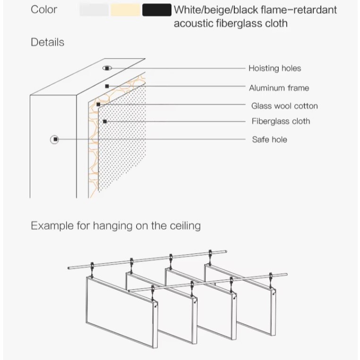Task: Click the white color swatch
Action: (x=94, y=9)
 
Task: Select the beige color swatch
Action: (x=125, y=9)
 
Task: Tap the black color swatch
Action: (x=156, y=9)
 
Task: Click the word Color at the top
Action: (x=44, y=9)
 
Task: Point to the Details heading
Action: (x=47, y=42)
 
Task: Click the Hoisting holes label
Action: (x=274, y=68)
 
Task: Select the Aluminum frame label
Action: (x=279, y=87)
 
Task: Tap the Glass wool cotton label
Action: (x=284, y=106)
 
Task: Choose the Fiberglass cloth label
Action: (x=281, y=121)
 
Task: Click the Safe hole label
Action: (x=269, y=139)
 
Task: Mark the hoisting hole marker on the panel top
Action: (x=107, y=68)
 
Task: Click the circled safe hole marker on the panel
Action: (x=55, y=139)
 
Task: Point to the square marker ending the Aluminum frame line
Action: (x=107, y=86)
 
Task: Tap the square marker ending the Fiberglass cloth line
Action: (x=104, y=121)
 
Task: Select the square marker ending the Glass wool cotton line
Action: (x=98, y=104)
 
